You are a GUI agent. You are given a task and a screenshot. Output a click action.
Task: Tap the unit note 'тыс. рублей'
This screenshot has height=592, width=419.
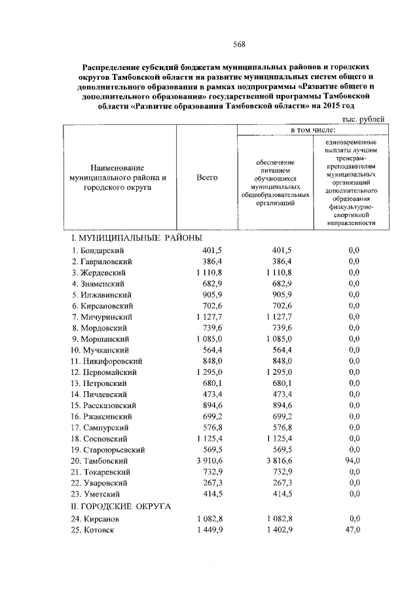click(x=363, y=118)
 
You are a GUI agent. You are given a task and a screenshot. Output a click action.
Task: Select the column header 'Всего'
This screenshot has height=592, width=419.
click(x=207, y=177)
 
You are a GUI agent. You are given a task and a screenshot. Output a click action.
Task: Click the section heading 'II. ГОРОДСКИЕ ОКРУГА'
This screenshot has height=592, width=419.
click(x=120, y=506)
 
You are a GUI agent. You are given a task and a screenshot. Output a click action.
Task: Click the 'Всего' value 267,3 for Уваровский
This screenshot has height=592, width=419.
click(x=212, y=482)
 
